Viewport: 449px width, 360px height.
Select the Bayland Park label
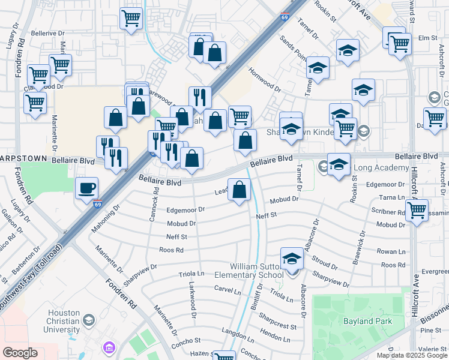(x=367, y=321)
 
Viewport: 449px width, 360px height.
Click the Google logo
(x=20, y=353)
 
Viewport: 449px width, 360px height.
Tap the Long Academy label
(x=377, y=167)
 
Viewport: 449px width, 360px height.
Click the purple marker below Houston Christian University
(x=108, y=347)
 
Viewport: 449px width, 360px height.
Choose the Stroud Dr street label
(x=325, y=262)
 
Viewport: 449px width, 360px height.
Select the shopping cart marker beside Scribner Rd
(x=417, y=211)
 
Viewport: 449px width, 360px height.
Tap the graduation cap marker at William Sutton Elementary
(x=292, y=259)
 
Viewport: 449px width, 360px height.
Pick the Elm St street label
(x=427, y=38)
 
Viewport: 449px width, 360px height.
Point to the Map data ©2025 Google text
(x=412, y=355)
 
